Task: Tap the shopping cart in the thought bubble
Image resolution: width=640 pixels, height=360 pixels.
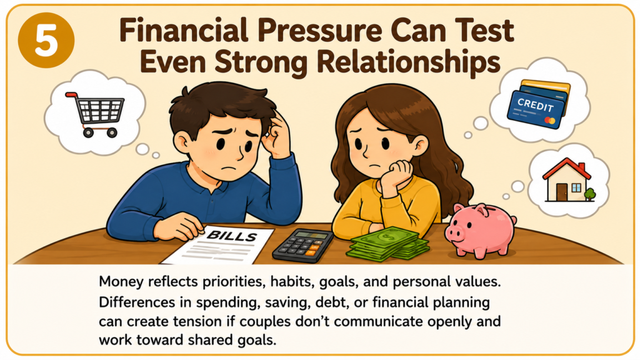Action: (x=96, y=114)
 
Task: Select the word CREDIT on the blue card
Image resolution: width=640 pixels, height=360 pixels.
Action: (x=535, y=105)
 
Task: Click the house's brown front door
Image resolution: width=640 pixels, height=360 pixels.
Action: (x=562, y=192)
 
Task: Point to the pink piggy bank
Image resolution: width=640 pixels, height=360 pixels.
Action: (x=480, y=231)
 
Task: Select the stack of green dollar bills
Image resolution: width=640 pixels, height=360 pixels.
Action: (x=387, y=244)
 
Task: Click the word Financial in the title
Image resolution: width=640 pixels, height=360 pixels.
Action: (x=183, y=31)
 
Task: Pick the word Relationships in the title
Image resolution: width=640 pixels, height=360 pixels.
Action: (x=407, y=62)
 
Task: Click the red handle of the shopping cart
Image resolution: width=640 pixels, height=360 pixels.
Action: (x=72, y=96)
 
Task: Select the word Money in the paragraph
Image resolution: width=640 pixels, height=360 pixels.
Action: (x=121, y=282)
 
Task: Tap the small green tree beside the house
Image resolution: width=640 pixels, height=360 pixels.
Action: (x=590, y=194)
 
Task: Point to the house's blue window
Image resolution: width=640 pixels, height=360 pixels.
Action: (x=576, y=187)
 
